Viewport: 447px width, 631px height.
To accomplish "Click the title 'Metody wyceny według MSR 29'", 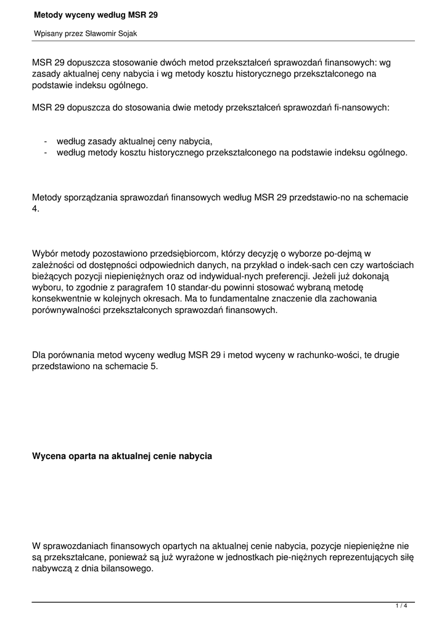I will [x=95, y=14].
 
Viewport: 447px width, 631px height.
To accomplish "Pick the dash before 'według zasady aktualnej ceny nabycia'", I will [x=46, y=141].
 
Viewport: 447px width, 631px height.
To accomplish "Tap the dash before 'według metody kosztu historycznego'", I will [x=46, y=152].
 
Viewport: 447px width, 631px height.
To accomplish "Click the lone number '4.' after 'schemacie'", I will [x=36, y=209].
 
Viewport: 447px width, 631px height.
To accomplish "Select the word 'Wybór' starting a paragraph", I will [x=45, y=253].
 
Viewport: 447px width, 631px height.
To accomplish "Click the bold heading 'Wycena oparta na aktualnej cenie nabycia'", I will [x=122, y=457].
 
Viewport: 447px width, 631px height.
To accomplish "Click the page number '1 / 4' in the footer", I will [x=401, y=606].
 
